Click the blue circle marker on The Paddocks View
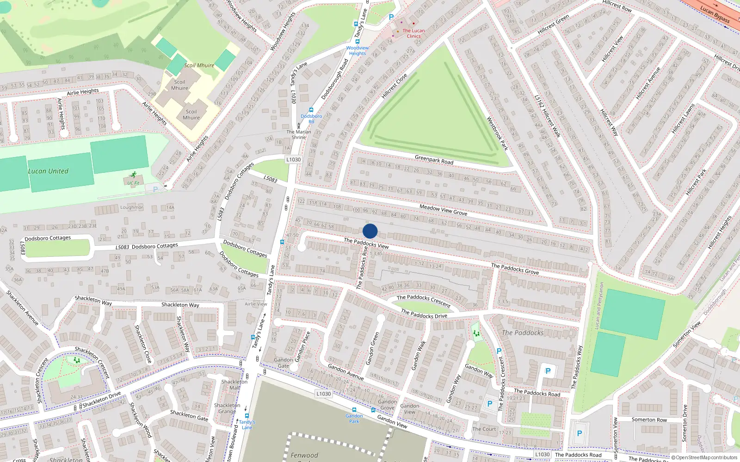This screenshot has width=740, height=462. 370,231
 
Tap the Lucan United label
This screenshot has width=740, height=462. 48,171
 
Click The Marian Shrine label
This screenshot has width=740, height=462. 298,134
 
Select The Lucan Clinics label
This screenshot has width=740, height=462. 413,33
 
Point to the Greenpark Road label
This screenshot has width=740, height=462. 434,159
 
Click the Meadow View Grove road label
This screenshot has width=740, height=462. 443,210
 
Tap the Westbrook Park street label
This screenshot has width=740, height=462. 497,134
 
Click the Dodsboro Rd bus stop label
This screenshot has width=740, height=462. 311,119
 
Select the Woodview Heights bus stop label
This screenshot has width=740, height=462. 358,50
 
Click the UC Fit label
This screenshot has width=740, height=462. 133,183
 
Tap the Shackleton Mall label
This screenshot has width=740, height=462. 234,384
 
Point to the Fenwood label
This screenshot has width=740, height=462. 304,455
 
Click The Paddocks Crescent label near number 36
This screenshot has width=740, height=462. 423,301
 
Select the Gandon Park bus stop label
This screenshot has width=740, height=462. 354,418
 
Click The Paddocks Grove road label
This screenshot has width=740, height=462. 515,268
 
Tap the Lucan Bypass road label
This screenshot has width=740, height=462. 715,14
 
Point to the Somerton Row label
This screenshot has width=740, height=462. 649,419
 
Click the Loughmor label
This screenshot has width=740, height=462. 132,207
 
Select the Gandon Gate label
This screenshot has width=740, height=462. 283,363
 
